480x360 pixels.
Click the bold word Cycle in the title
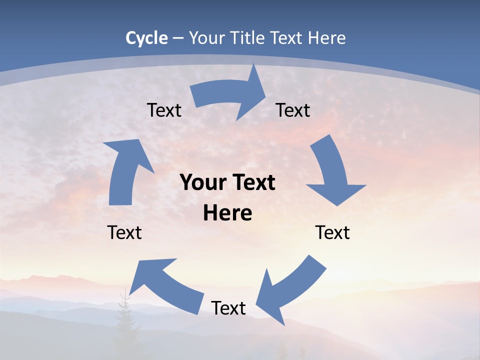(146, 38)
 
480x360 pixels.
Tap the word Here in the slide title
(326, 38)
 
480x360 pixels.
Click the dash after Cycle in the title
(178, 38)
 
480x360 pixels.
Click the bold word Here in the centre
(227, 213)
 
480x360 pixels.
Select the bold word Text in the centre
(253, 183)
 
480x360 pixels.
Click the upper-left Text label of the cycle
(164, 110)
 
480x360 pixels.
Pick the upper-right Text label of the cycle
(293, 110)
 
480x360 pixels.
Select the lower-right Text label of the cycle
(332, 233)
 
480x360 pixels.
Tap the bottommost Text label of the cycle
(228, 308)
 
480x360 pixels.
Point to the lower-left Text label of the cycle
(124, 233)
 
